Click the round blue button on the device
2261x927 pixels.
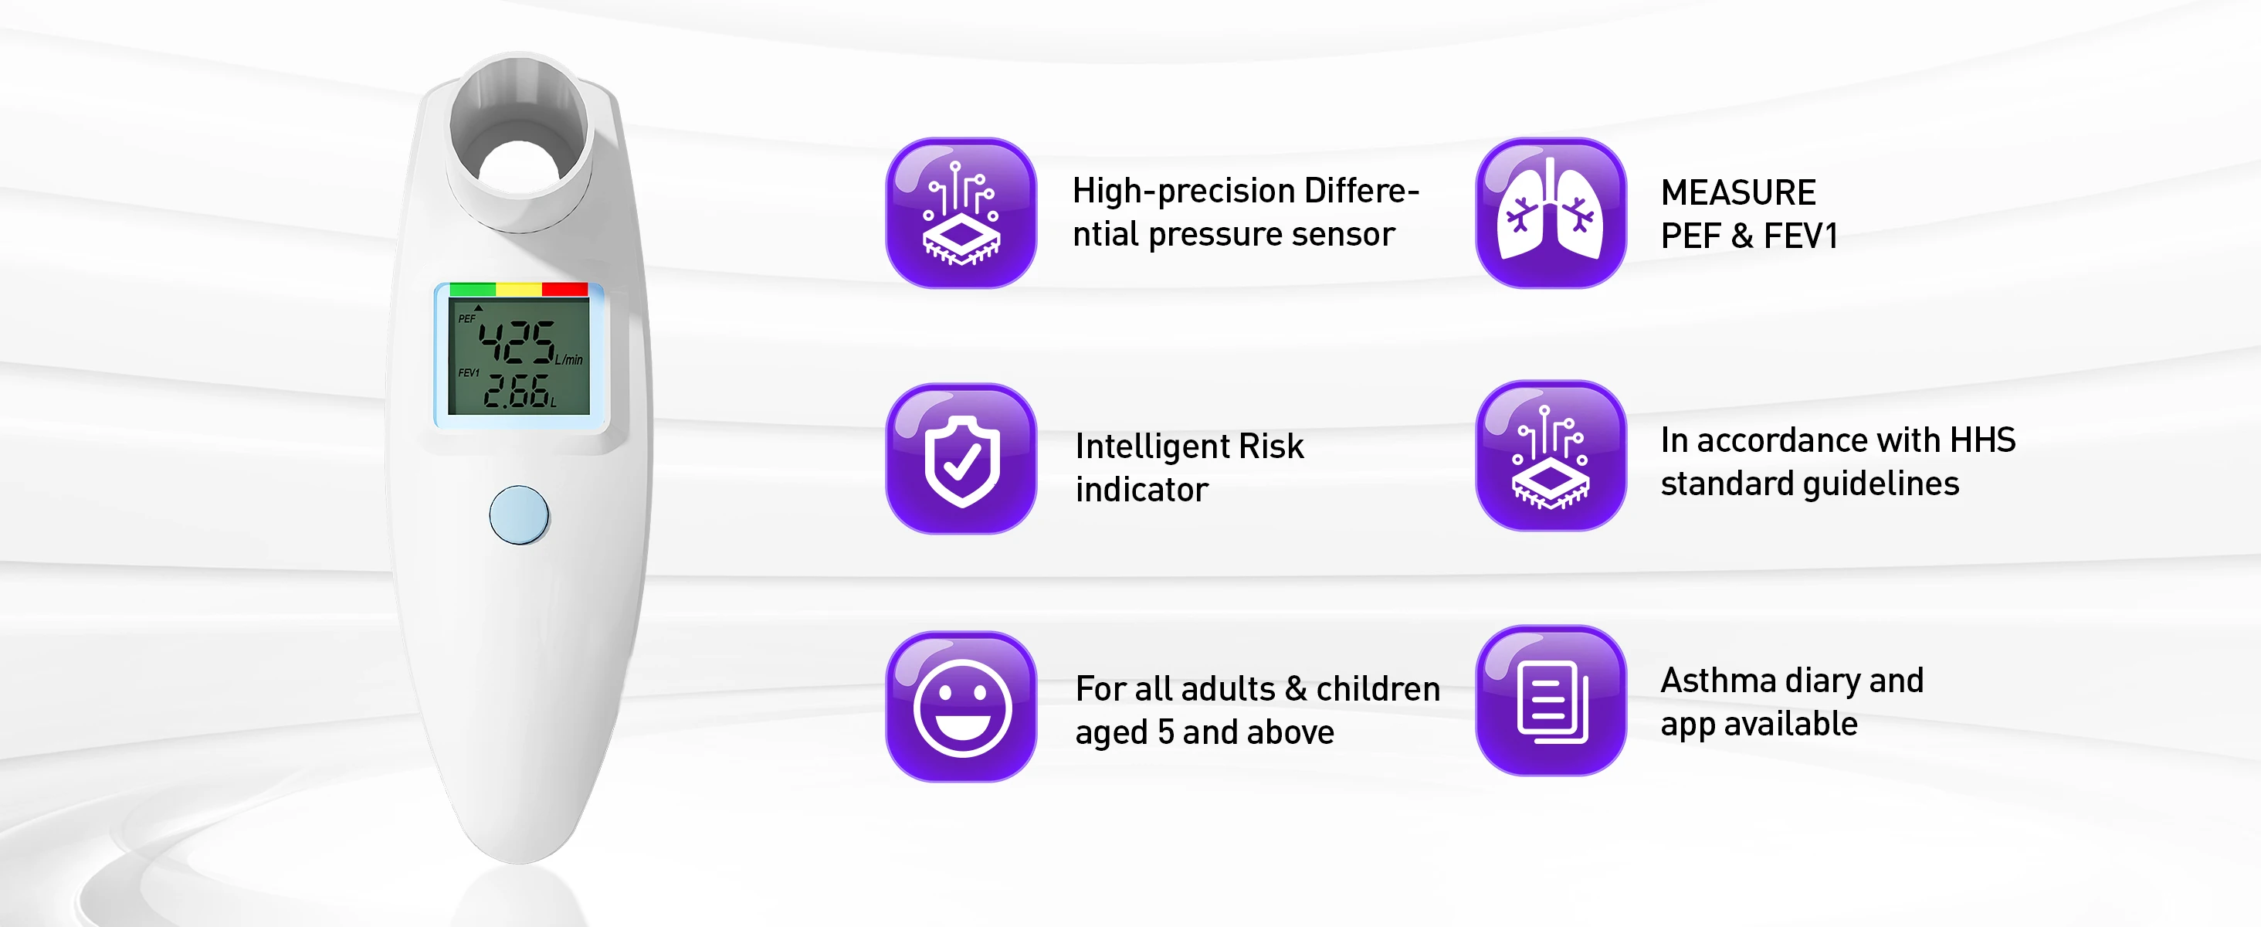pos(519,515)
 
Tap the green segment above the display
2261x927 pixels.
pos(473,289)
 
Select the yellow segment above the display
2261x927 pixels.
pos(519,289)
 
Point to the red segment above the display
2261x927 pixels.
pos(565,289)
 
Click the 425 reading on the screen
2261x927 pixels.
pos(517,342)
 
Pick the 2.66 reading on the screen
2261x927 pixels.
pos(518,392)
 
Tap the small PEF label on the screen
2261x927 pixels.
pos(467,318)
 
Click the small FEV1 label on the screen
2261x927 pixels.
pos(469,373)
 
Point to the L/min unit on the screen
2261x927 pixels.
pos(569,360)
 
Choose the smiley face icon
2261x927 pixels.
pos(961,707)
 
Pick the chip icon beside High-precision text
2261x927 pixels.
pos(961,213)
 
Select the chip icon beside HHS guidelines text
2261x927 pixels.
pos(1550,456)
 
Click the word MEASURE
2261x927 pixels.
pos(1738,192)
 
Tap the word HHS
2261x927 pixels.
pos(1982,440)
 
